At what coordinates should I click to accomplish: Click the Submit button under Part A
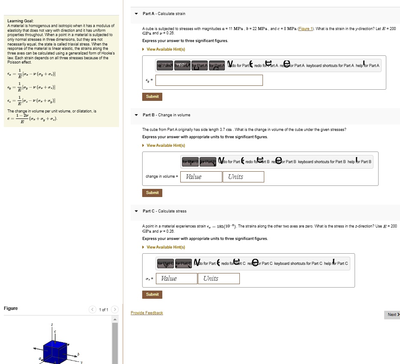[152, 97]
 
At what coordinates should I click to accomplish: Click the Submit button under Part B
[152, 193]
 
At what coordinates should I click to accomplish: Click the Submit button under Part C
[152, 294]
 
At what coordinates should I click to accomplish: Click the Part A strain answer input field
[209, 80]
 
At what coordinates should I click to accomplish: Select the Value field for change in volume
[201, 177]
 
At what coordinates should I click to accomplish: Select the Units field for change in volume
[243, 177]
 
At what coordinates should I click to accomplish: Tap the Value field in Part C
[176, 279]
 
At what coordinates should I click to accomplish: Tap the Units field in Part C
[218, 279]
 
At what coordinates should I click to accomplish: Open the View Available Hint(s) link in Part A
[165, 49]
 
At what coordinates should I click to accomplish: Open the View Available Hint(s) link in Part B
[165, 146]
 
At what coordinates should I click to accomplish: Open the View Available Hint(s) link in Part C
[165, 247]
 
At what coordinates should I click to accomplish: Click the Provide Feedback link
[146, 313]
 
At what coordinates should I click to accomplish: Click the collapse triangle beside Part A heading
[136, 14]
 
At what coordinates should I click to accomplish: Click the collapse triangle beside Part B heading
[136, 115]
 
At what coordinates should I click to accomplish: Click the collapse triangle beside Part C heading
[136, 211]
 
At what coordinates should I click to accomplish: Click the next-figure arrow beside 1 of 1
[114, 309]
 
